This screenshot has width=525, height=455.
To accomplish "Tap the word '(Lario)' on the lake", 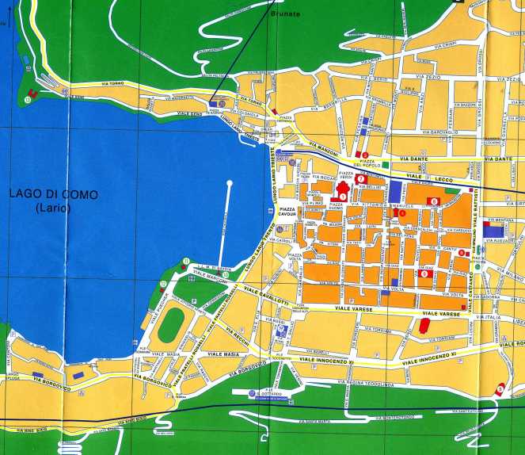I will tap(53, 208).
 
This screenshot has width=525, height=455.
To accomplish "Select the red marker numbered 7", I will tap(361, 179).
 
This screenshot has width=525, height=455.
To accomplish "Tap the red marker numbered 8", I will tap(433, 201).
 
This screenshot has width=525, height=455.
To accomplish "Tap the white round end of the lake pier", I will tap(230, 184).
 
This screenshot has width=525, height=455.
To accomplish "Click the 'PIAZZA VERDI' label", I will tap(345, 174).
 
